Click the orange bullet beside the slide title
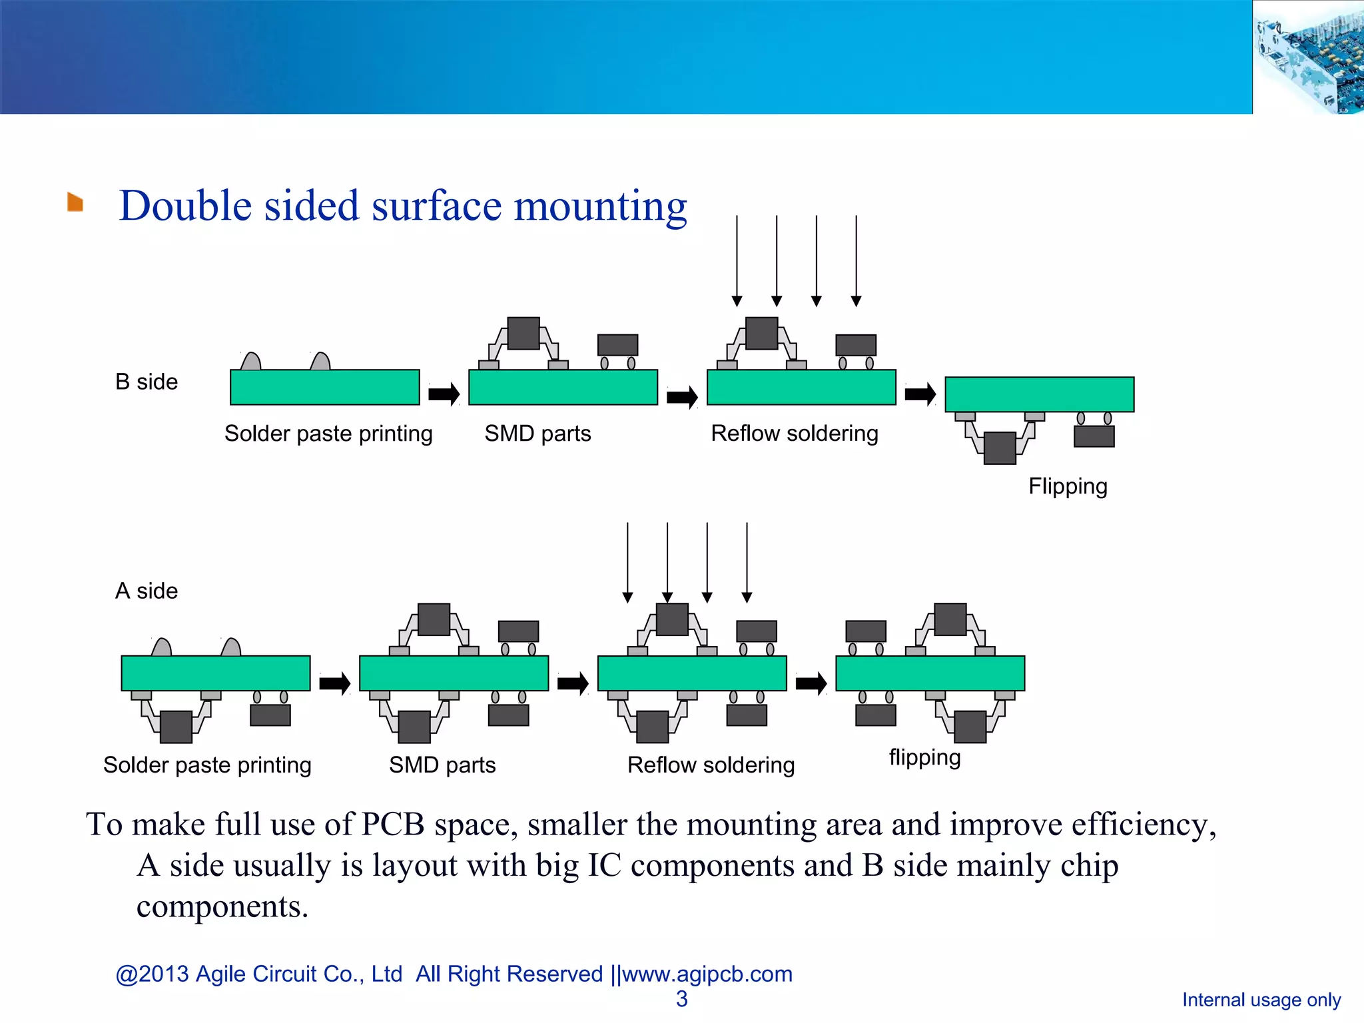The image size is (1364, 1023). [75, 202]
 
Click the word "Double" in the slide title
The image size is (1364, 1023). [185, 206]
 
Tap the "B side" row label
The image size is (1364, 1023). [147, 382]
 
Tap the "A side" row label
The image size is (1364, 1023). [147, 591]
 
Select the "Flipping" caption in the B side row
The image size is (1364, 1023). [1068, 487]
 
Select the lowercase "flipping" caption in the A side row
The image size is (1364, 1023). [924, 758]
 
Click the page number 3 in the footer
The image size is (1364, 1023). [682, 999]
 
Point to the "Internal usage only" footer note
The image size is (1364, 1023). [1261, 1000]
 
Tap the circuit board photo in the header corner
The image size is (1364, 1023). [1308, 57]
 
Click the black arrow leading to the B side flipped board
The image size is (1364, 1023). [920, 394]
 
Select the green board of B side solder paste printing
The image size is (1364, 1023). [325, 388]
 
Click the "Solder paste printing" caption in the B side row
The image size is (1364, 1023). [328, 434]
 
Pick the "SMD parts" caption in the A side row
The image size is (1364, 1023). [442, 765]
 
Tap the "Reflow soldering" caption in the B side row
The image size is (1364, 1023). [795, 434]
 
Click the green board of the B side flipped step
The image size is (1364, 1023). [1040, 394]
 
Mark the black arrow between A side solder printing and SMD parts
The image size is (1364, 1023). [334, 683]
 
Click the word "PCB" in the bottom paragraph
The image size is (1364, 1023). [393, 825]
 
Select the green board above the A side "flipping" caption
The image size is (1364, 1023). [930, 673]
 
